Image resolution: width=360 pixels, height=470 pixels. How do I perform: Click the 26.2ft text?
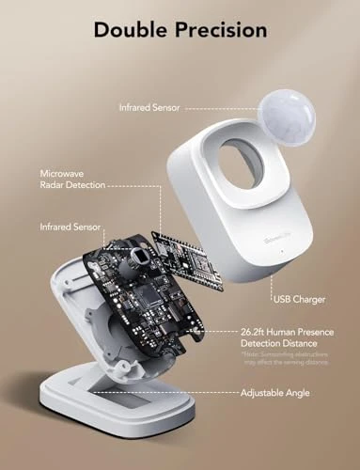257,333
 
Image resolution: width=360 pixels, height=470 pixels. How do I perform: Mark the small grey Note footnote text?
290,361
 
